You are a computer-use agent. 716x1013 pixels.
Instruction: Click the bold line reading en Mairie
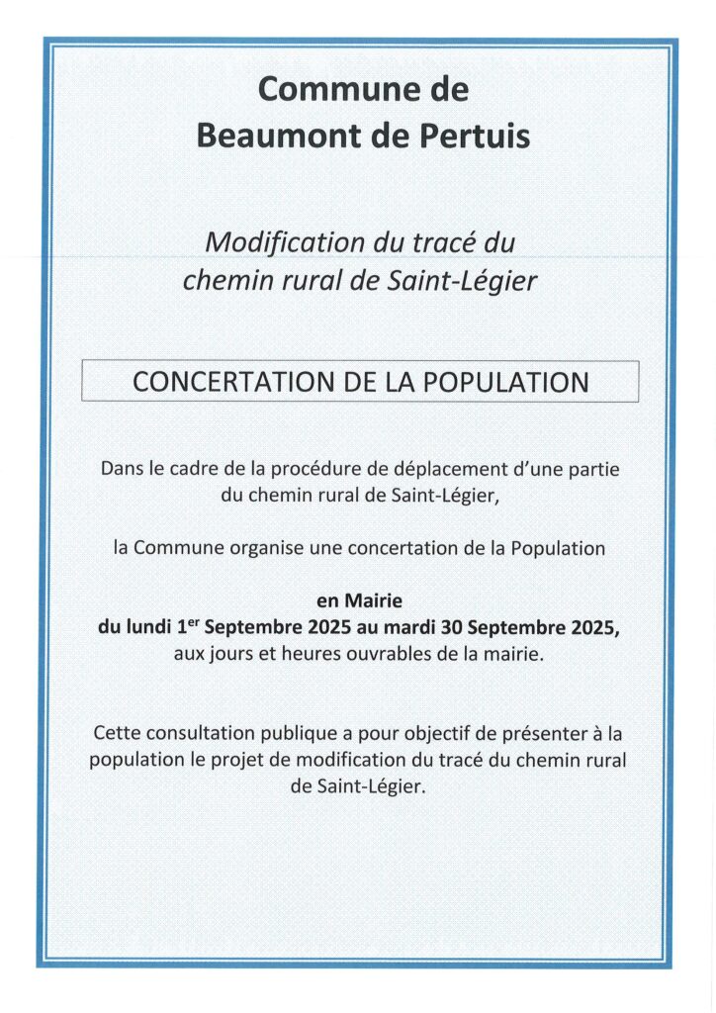click(359, 599)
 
